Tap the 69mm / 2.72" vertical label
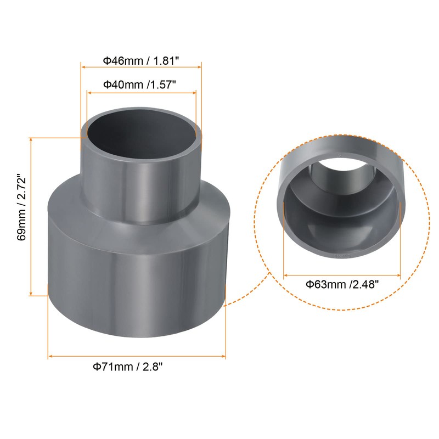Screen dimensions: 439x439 (21, 216)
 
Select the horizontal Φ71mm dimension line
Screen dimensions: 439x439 (137, 357)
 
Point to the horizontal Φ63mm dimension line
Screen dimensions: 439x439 (342, 274)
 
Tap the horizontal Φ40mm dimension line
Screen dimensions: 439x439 (142, 93)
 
